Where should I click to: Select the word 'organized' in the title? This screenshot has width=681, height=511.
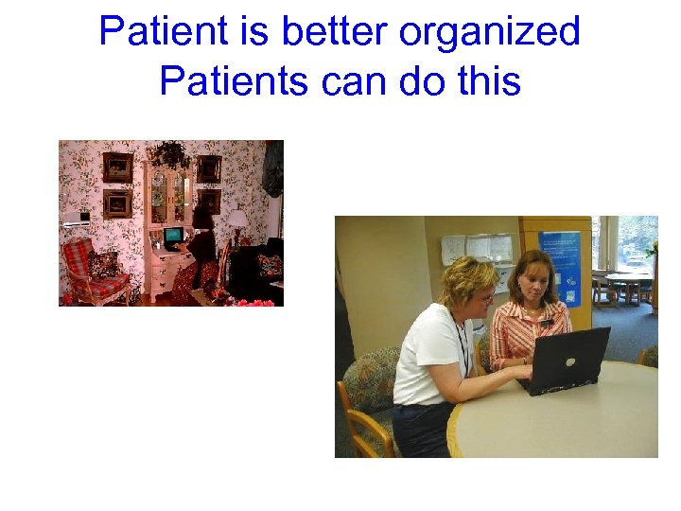pos(489,33)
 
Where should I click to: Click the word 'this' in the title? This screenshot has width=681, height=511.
pos(486,81)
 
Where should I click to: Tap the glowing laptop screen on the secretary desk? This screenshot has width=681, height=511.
pos(174,234)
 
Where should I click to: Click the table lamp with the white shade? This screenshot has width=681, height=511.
pos(238,222)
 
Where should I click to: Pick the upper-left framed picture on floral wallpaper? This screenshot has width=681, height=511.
pos(117,167)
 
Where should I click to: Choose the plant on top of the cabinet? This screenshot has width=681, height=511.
pos(171,153)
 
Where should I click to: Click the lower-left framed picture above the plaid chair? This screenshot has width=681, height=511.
pos(117,203)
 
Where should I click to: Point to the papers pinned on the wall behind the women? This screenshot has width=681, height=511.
pos(478,249)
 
